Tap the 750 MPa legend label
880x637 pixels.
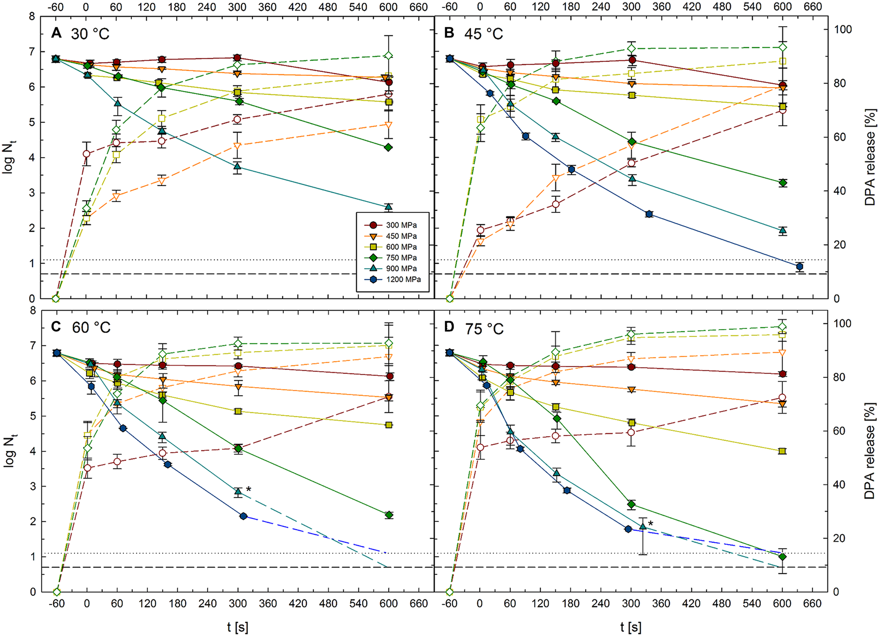pos(401,258)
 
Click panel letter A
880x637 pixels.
pos(57,33)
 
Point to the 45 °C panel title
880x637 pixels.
pos(483,34)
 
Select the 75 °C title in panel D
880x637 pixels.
pos(484,329)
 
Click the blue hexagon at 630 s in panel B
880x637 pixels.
pos(799,267)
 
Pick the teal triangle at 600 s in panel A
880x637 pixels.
pos(388,206)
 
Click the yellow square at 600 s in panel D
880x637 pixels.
pos(782,451)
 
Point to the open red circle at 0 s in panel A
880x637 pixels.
pos(87,154)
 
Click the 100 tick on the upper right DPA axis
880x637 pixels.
pos(843,30)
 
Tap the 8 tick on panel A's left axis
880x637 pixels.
pos(32,16)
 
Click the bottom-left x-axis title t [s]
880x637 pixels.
pos(238,627)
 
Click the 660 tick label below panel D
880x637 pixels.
pos(812,604)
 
